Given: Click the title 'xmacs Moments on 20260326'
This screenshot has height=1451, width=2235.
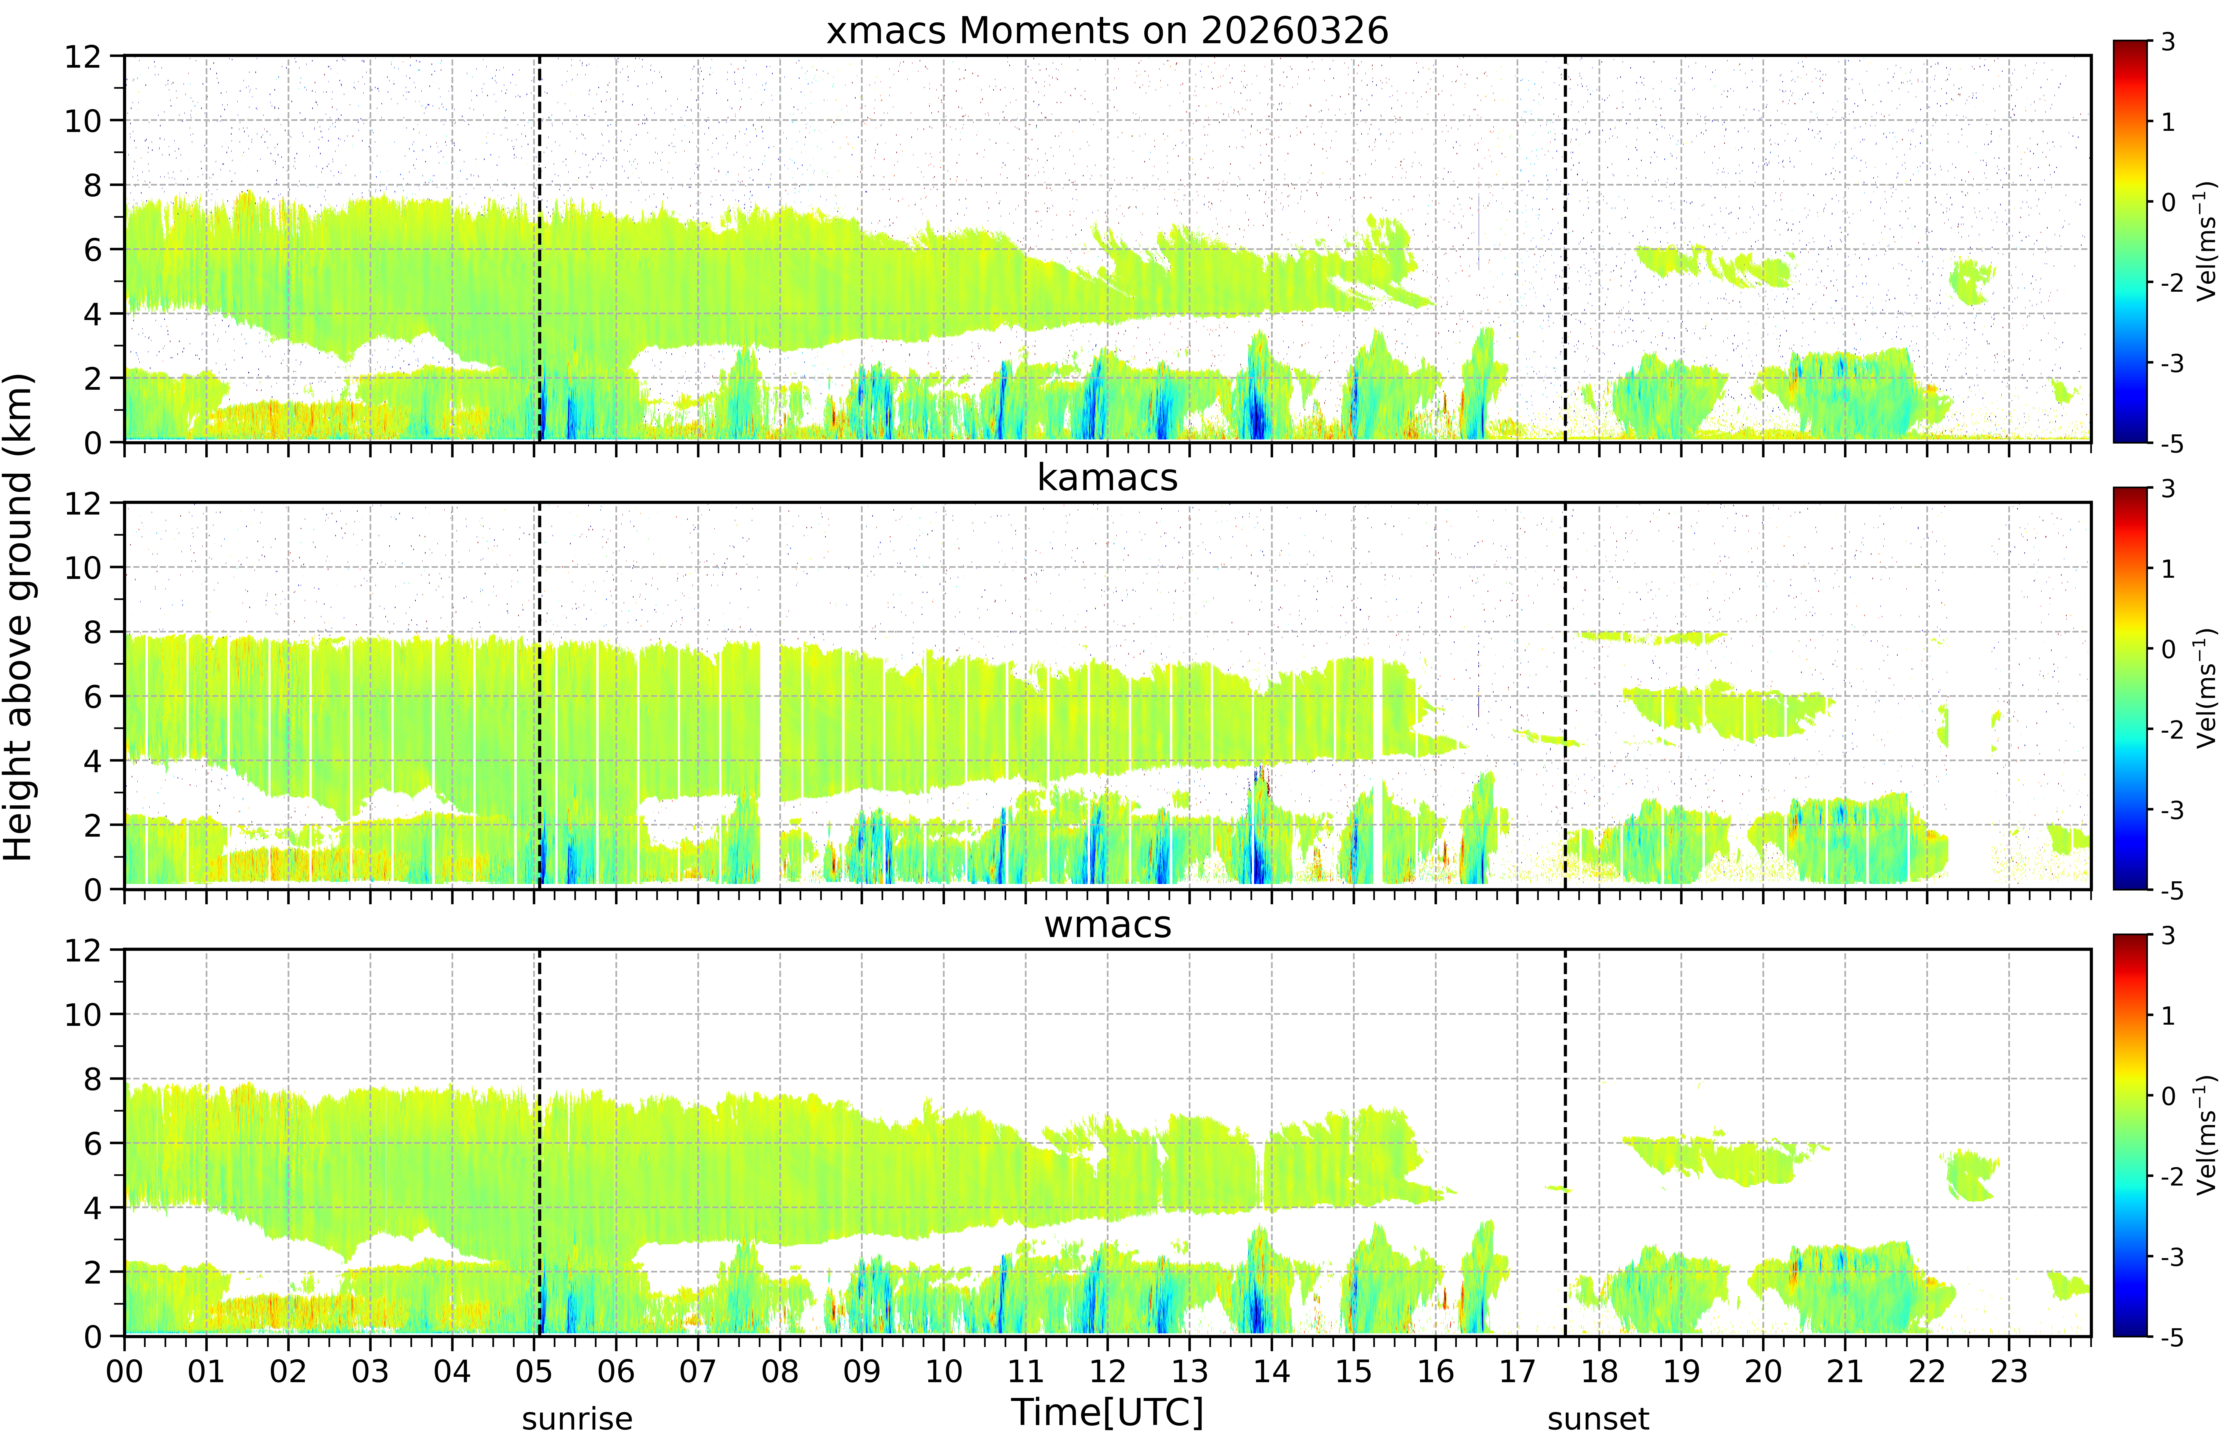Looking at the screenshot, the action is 1107,31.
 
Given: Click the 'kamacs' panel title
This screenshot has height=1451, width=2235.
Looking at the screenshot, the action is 1107,478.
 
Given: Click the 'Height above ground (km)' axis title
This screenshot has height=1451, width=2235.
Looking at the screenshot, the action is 18,617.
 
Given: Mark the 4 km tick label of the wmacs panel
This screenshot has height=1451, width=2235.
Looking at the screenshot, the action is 92,1208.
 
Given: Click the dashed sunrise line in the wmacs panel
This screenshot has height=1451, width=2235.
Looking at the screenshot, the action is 539,1143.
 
